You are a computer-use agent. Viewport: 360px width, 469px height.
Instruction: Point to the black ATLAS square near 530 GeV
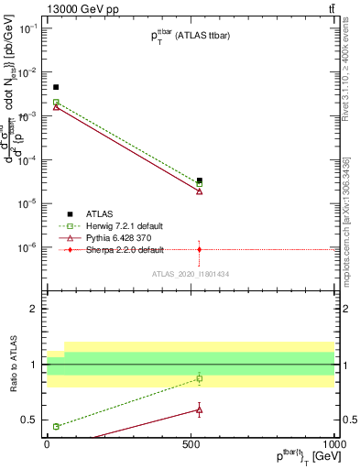coord(200,180)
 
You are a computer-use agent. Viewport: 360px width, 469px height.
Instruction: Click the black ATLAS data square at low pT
coord(56,87)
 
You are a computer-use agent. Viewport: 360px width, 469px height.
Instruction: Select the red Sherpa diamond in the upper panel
coord(200,249)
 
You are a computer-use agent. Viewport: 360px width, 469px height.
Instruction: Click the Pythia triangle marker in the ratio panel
coord(200,409)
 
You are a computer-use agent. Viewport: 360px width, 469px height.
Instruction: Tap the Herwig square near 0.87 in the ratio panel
coord(200,378)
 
